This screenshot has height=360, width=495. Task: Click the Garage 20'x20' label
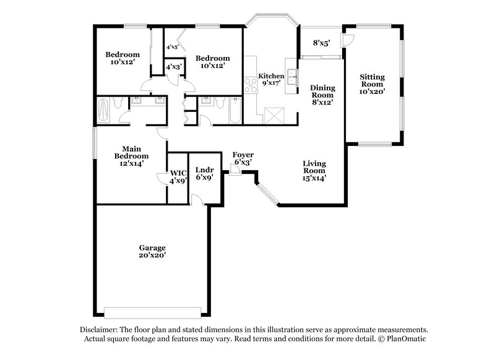(x=152, y=251)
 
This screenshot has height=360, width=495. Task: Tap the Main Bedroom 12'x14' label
(x=129, y=156)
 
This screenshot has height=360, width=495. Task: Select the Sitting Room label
(x=372, y=84)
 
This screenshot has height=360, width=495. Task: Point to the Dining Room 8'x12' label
(x=322, y=95)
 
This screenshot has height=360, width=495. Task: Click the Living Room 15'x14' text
(x=314, y=171)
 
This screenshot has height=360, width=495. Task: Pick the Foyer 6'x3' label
(x=243, y=158)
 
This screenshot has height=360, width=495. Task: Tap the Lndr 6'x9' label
(x=204, y=173)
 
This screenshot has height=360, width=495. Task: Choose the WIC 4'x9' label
(x=178, y=176)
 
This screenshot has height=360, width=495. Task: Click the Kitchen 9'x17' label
(x=271, y=80)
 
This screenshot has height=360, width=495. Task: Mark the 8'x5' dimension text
(x=321, y=43)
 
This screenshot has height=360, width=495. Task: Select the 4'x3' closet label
(x=173, y=66)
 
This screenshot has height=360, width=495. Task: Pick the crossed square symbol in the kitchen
(x=273, y=114)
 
